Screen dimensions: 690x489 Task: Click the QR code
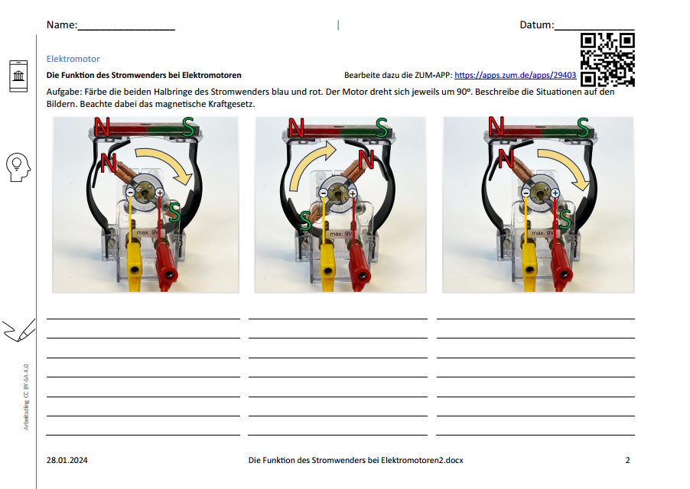point(607,60)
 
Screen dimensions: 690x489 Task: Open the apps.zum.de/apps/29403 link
point(516,75)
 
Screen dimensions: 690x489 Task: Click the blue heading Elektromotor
point(73,59)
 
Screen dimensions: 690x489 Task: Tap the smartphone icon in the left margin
point(18,76)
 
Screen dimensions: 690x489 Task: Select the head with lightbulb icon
point(18,167)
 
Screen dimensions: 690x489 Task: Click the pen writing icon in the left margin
point(19,330)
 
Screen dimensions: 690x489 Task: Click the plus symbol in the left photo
point(159,193)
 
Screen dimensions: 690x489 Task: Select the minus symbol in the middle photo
point(324,193)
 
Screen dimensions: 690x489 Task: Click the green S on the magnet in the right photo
point(583,128)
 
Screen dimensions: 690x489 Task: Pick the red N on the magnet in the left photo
point(102,127)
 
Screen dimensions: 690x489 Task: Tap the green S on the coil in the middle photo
point(305,220)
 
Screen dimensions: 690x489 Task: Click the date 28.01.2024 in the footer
point(67,460)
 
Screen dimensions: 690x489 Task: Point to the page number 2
point(627,460)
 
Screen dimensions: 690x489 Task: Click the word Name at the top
point(61,24)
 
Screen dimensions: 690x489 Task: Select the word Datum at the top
point(536,24)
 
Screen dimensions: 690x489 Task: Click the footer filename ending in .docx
point(356,460)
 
